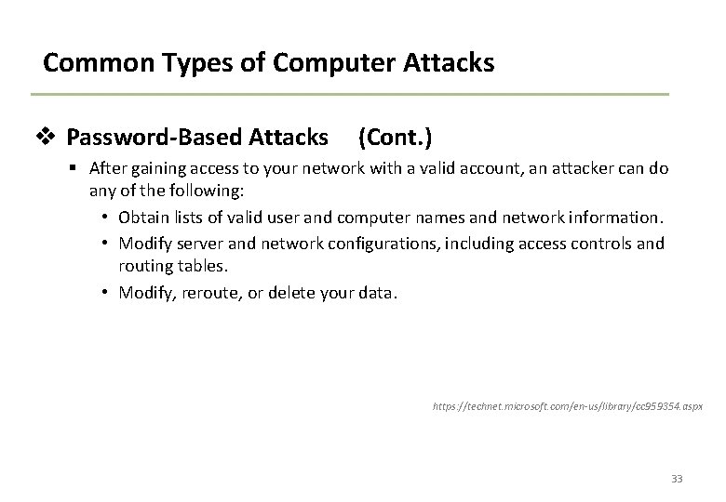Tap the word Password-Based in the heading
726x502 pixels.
click(154, 139)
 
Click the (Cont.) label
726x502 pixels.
click(395, 139)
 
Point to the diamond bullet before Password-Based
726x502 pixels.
click(52, 139)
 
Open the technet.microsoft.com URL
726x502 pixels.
click(568, 407)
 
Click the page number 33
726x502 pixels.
click(676, 479)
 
